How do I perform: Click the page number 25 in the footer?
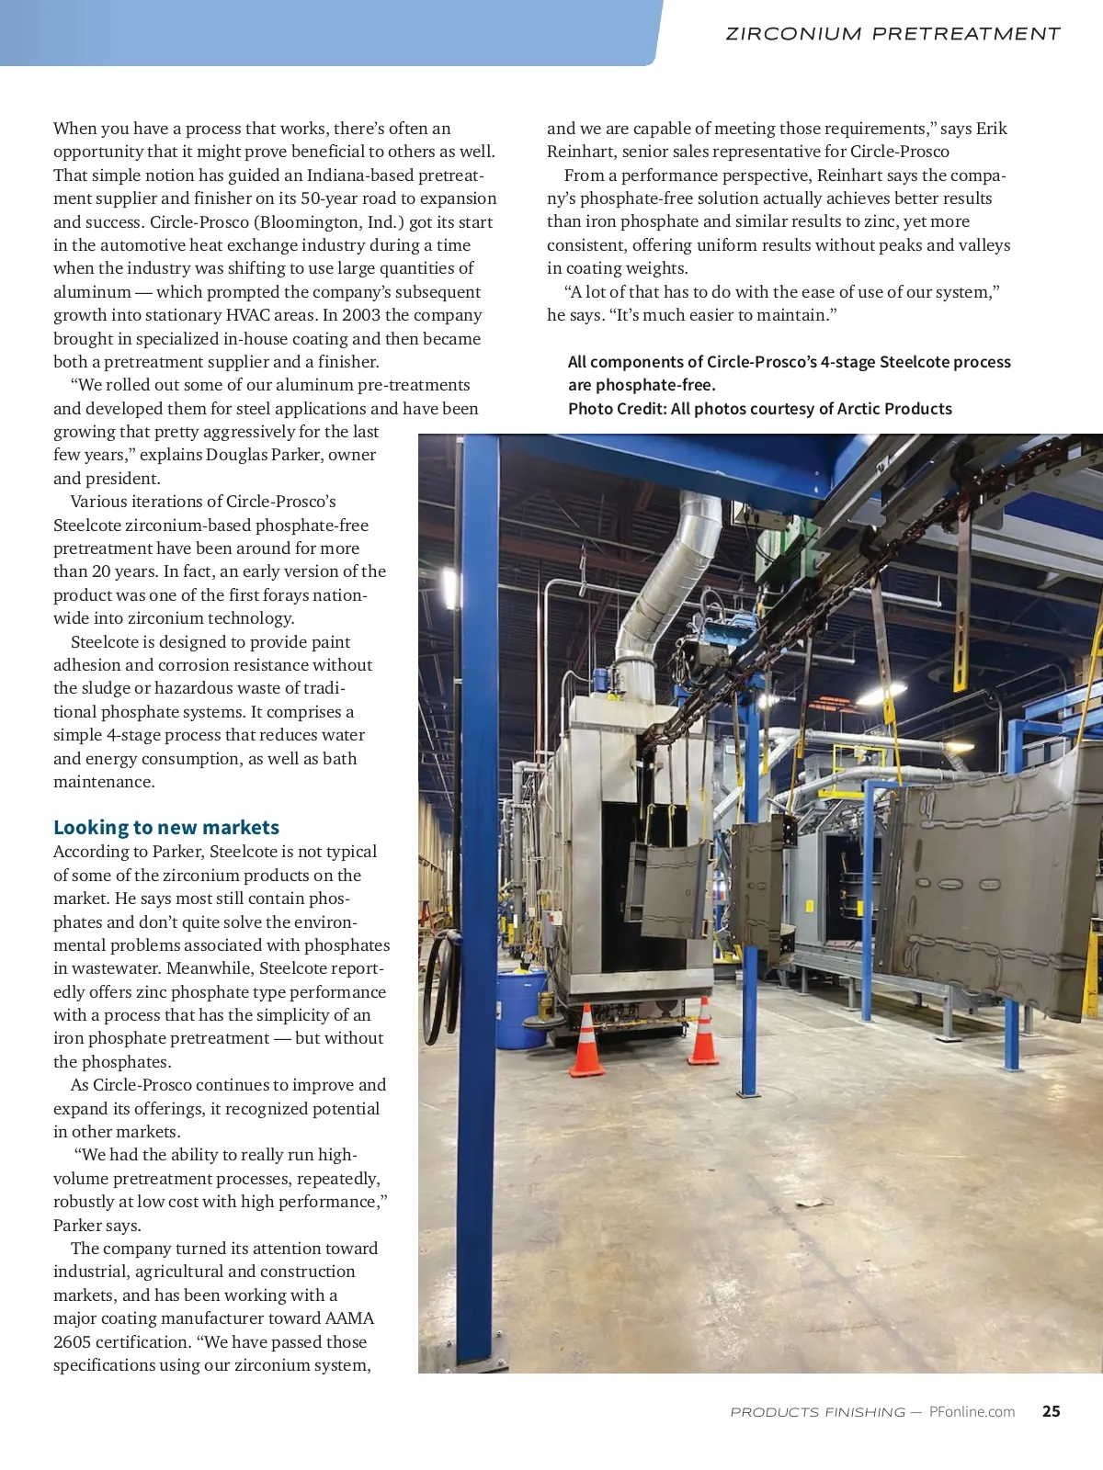pyautogui.click(x=1051, y=1411)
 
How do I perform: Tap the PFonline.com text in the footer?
pyautogui.click(x=972, y=1412)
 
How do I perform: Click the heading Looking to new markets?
pyautogui.click(x=165, y=827)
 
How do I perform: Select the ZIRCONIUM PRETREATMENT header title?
pyautogui.click(x=893, y=34)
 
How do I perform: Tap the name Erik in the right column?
pyautogui.click(x=991, y=129)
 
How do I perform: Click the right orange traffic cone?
pyautogui.click(x=703, y=1033)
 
